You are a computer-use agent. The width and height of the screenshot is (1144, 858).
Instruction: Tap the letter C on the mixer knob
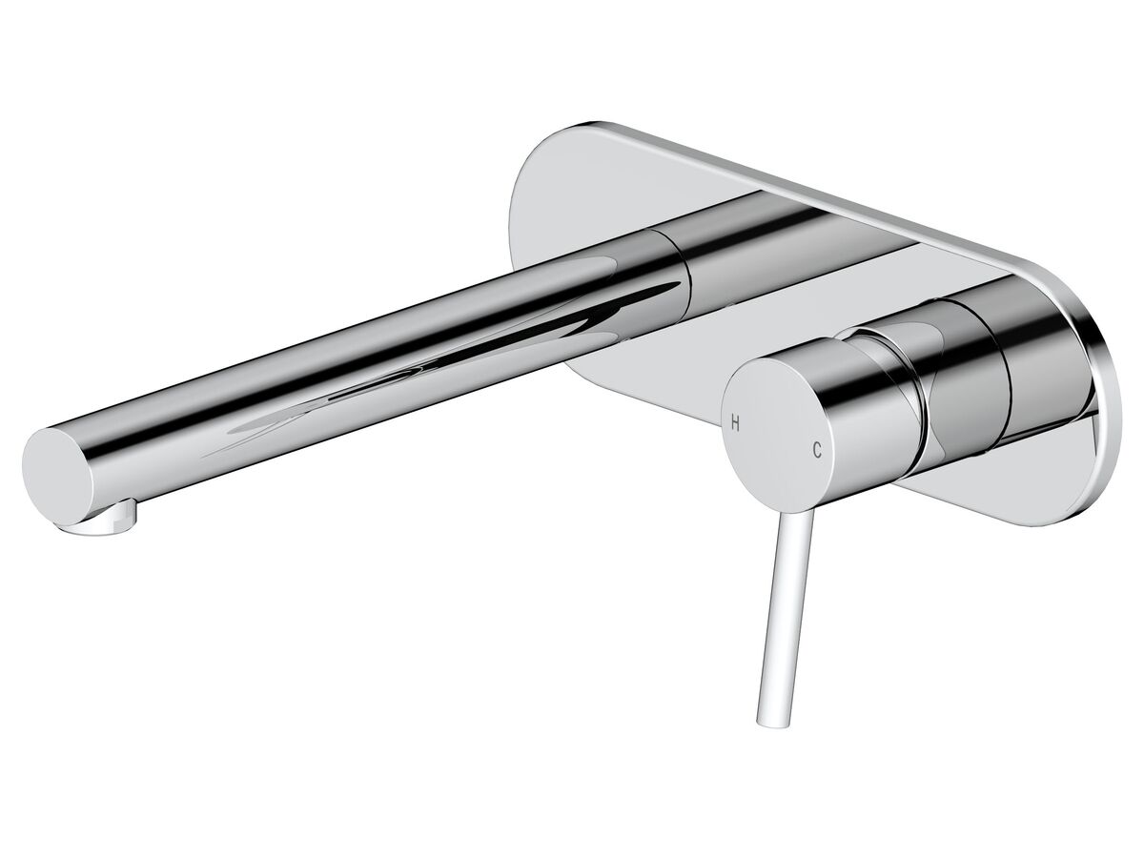(x=817, y=448)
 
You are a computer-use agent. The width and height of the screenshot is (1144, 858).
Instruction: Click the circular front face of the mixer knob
(x=777, y=429)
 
